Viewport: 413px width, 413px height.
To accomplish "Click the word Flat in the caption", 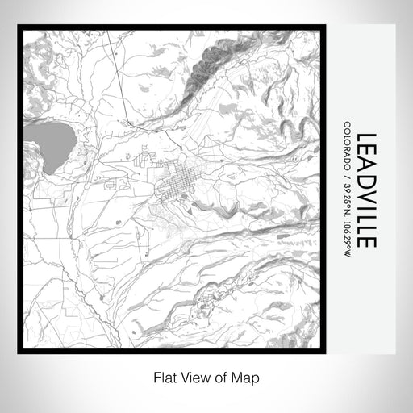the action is (164, 376).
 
